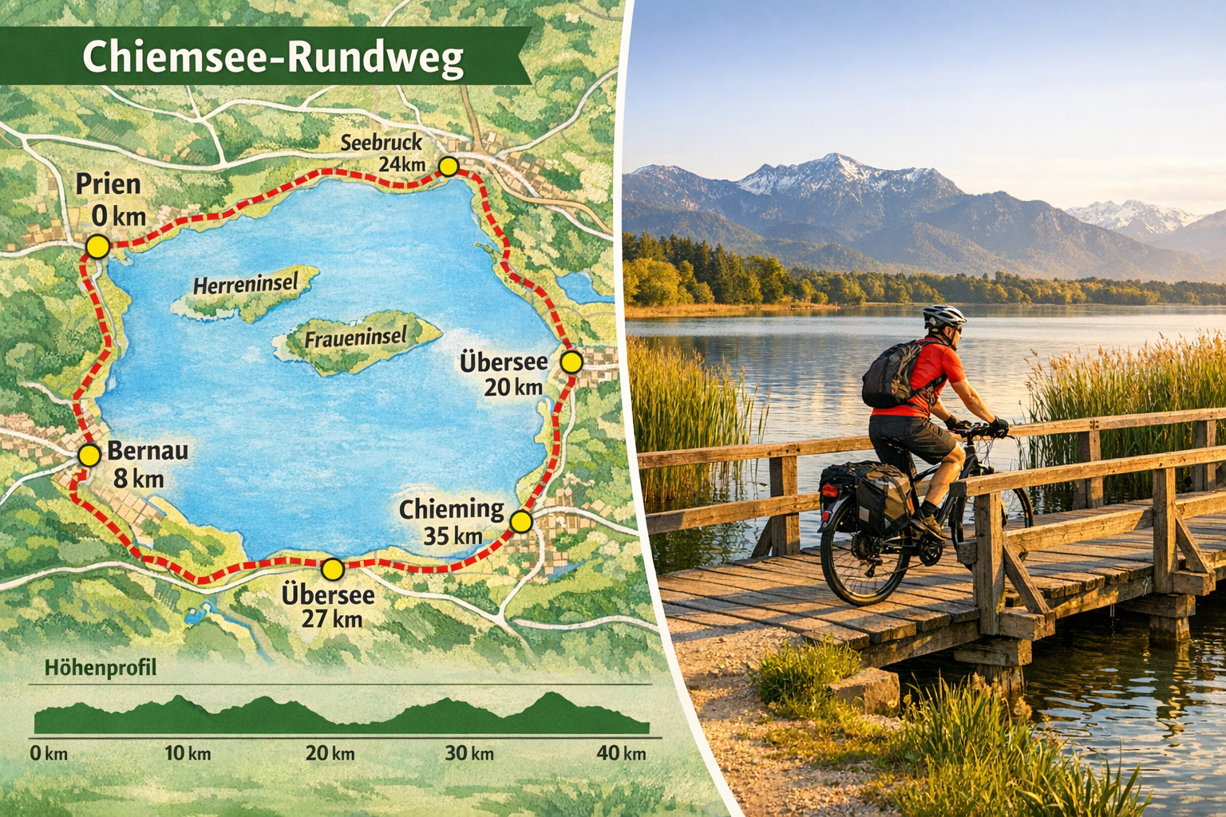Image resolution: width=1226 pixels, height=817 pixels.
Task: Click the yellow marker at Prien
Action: click(97, 246)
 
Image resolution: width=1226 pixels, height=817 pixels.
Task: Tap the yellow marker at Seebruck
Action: click(449, 166)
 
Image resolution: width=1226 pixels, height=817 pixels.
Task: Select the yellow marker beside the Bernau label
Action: click(89, 456)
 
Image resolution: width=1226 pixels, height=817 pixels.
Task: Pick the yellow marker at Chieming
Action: click(520, 522)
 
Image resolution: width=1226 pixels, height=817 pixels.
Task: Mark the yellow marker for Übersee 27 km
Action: click(332, 569)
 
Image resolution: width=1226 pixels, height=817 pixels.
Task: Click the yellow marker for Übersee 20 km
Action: click(571, 362)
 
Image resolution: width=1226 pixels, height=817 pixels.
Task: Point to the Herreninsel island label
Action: click(245, 284)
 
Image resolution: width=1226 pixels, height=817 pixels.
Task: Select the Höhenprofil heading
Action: click(101, 668)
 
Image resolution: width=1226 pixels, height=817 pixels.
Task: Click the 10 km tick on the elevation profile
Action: click(188, 752)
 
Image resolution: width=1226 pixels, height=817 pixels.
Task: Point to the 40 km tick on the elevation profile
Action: click(621, 752)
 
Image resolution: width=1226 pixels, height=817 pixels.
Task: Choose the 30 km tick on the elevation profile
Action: click(469, 752)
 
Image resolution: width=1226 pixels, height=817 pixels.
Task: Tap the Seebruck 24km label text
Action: click(382, 153)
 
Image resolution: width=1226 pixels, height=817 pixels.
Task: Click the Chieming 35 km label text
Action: click(452, 522)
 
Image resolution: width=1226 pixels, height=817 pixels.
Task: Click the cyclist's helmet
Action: click(944, 316)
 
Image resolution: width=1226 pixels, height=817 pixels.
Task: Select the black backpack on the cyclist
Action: click(891, 375)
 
